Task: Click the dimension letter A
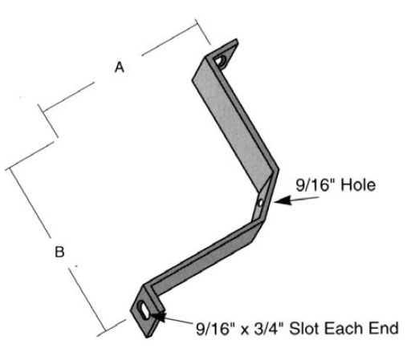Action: coord(120,67)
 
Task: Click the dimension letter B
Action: coord(59,252)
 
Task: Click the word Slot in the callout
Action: coord(304,328)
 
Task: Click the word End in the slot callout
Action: coord(384,328)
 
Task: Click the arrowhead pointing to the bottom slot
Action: coord(158,315)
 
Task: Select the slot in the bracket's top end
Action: coord(220,61)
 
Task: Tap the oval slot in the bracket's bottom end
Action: coord(144,310)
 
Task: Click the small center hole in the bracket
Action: coord(260,202)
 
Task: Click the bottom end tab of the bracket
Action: coord(146,313)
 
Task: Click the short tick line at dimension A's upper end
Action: coord(202,32)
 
